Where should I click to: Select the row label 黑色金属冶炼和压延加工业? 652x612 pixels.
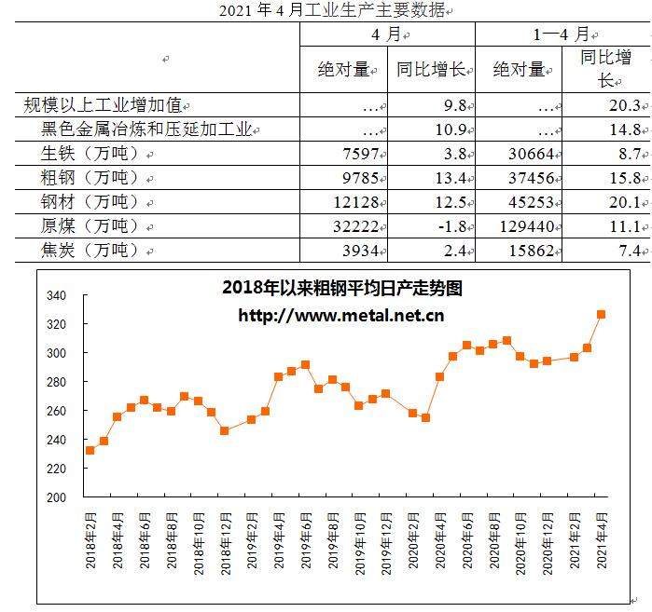(x=146, y=129)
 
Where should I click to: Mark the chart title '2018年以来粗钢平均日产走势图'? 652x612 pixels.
(x=342, y=289)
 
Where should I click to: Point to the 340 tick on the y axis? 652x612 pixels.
(x=57, y=296)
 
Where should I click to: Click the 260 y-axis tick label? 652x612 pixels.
(x=57, y=411)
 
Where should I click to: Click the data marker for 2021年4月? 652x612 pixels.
(x=602, y=315)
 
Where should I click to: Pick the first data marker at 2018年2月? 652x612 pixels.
(x=90, y=450)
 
